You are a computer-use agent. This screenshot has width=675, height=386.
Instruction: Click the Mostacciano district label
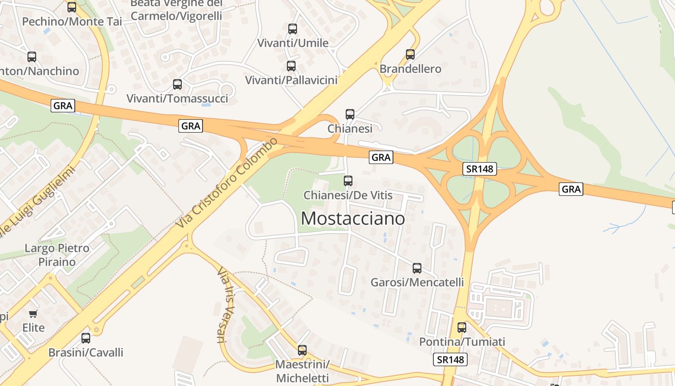tap(352, 219)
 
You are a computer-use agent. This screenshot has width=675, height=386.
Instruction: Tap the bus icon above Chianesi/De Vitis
tap(348, 181)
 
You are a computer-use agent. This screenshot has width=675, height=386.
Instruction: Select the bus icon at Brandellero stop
tap(410, 55)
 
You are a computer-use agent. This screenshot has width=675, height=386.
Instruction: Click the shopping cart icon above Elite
tap(33, 314)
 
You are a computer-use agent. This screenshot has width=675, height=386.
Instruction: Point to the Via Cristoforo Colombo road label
tap(227, 183)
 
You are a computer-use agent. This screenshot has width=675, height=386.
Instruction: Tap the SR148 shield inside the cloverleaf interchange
tap(480, 169)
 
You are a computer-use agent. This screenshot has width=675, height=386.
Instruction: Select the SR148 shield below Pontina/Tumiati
tap(451, 359)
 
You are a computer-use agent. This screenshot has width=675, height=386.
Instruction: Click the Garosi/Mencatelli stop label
tap(417, 282)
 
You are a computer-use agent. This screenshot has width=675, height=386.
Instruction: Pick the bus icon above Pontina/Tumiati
tap(462, 328)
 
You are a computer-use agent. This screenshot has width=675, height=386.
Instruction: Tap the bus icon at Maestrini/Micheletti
tap(302, 350)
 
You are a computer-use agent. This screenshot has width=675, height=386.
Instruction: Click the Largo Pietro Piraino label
tap(57, 255)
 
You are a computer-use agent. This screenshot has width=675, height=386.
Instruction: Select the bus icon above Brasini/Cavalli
tap(86, 338)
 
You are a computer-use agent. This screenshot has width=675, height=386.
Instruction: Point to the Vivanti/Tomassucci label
tap(177, 98)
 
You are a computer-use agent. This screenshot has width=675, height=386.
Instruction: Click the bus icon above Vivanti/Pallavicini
tap(291, 66)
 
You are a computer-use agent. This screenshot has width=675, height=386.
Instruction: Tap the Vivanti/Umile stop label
tap(293, 43)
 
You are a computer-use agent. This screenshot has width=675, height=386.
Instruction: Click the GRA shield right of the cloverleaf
tap(571, 189)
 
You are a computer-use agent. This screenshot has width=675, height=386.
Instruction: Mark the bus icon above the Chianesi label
tap(350, 114)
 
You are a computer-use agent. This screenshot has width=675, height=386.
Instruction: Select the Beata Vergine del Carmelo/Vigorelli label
tap(176, 10)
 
